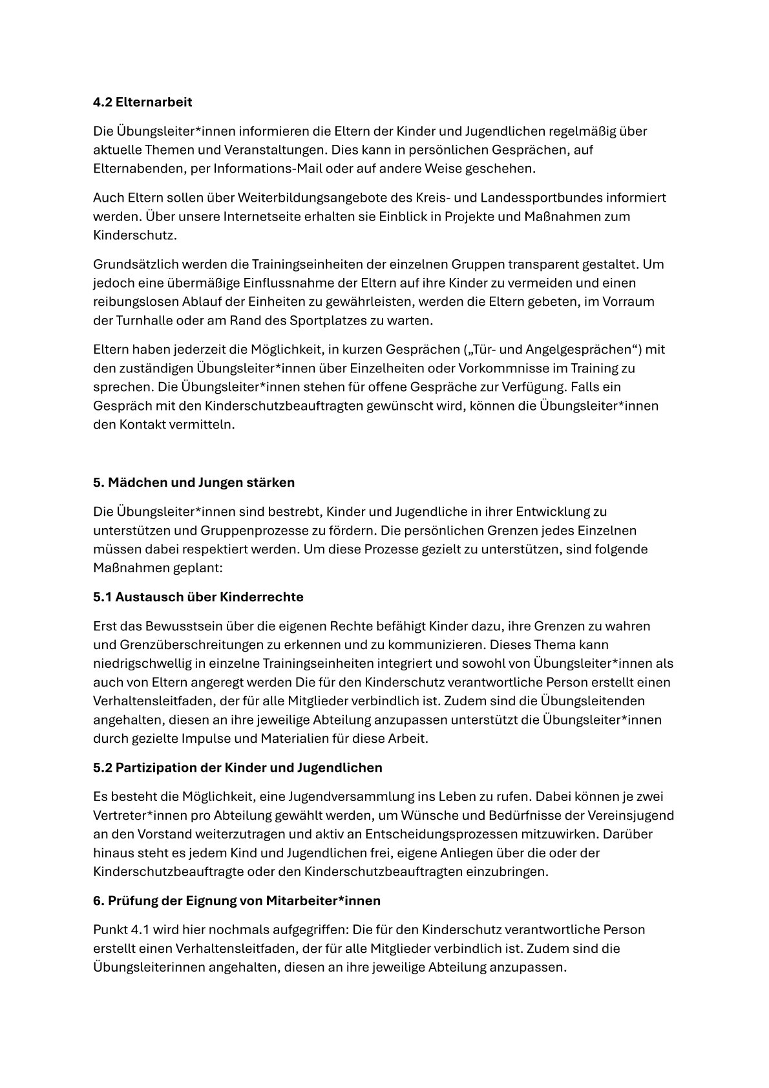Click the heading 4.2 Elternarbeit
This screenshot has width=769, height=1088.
142,102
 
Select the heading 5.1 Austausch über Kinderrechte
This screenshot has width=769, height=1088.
198,597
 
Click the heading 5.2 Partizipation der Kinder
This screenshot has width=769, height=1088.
237,767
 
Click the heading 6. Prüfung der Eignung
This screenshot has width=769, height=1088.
237,901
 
